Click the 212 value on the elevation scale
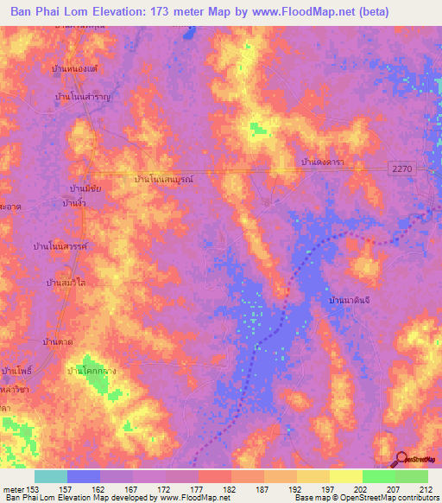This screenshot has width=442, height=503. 423,489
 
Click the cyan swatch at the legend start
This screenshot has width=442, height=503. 50,476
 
